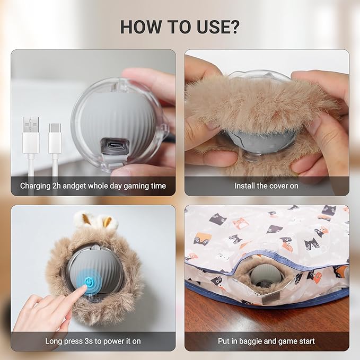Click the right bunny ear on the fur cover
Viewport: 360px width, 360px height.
click(108, 221)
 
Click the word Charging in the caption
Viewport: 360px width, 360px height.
click(36, 186)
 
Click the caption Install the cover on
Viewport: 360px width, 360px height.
click(266, 186)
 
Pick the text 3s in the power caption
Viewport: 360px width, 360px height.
click(86, 341)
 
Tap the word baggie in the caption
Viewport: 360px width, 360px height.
click(250, 341)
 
